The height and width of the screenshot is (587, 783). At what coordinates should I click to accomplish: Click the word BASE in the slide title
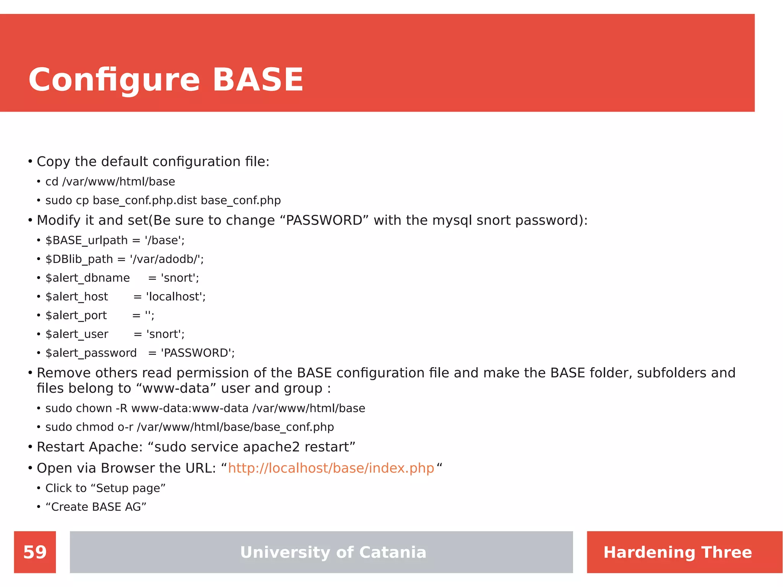click(258, 80)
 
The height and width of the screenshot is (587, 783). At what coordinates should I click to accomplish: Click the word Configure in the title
click(114, 80)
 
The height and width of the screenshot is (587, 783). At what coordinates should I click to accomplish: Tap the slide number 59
click(35, 552)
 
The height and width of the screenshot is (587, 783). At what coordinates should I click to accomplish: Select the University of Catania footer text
click(333, 552)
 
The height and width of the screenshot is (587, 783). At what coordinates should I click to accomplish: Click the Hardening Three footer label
click(677, 552)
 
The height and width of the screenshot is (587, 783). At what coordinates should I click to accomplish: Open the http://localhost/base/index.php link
click(331, 468)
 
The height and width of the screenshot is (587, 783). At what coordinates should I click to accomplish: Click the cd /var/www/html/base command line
click(110, 182)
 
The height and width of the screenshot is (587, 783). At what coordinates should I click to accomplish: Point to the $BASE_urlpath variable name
click(86, 240)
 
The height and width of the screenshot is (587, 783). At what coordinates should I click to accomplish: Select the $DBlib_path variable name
click(79, 259)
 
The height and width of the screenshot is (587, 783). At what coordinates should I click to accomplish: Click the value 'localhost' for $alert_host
click(176, 296)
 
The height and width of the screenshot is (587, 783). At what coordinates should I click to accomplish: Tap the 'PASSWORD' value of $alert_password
click(198, 353)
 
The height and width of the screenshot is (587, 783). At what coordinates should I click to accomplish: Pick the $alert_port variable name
click(76, 315)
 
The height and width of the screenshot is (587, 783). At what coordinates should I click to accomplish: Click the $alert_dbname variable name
click(88, 278)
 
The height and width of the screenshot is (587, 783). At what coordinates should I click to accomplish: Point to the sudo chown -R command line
click(205, 408)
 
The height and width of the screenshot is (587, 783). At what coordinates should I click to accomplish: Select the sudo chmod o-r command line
click(190, 427)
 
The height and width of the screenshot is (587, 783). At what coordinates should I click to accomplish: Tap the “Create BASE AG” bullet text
click(96, 507)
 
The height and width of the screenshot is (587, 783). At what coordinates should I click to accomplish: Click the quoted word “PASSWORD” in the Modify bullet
click(324, 220)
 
